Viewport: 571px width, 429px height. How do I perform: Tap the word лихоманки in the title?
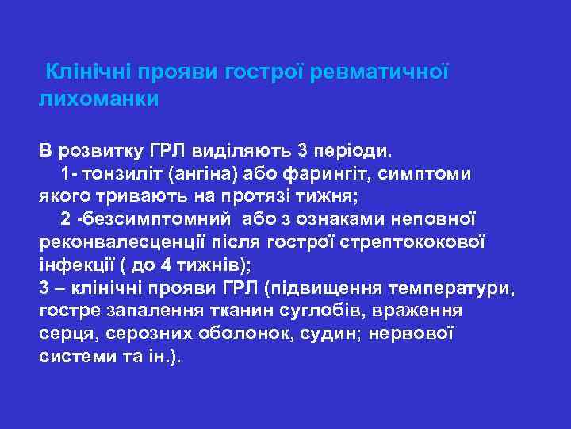(x=98, y=99)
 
